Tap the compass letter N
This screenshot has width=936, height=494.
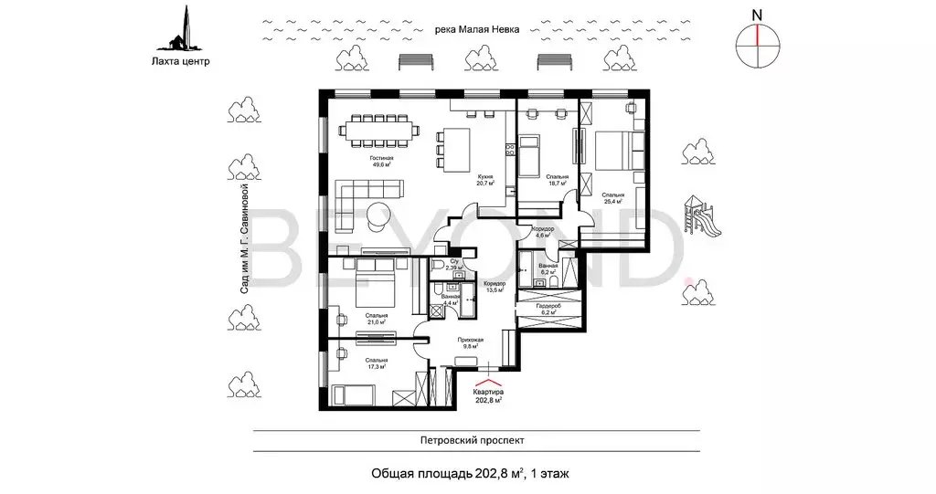(756, 14)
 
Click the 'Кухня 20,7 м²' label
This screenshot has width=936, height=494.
(484, 179)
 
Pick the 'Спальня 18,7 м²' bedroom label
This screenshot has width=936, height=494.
(556, 179)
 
